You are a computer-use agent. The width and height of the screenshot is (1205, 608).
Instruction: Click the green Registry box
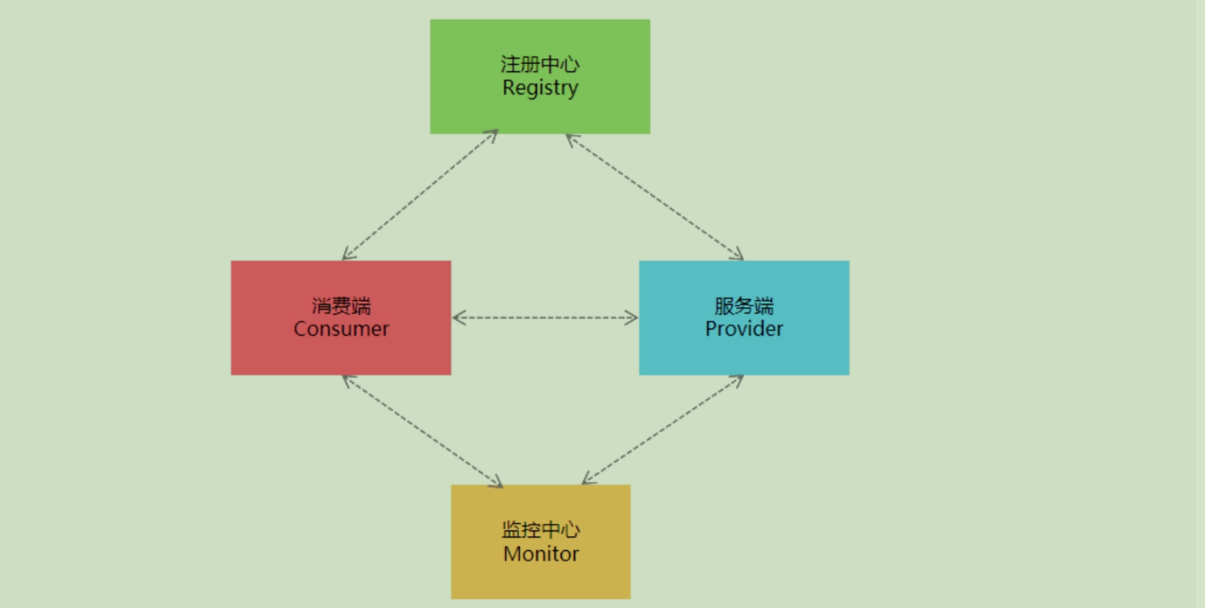(x=540, y=76)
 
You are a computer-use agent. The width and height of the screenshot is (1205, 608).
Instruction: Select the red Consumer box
(x=341, y=318)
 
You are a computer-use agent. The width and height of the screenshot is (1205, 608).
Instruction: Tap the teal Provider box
(x=744, y=318)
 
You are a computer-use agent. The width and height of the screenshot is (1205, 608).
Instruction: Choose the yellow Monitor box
(x=541, y=542)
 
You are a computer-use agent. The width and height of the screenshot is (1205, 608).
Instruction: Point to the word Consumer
(x=341, y=329)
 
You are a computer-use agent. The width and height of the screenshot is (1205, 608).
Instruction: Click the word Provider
(x=744, y=329)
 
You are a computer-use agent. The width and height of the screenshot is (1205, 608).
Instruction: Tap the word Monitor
(x=541, y=554)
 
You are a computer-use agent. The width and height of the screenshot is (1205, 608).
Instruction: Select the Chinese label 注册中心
(x=540, y=64)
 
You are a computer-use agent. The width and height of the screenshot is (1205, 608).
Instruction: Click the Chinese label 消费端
(x=341, y=306)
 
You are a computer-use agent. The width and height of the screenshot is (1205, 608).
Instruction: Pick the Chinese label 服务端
(x=744, y=306)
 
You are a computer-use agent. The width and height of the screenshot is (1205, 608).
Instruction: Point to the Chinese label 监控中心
(x=541, y=530)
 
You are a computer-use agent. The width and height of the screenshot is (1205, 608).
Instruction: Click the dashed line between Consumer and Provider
(x=545, y=318)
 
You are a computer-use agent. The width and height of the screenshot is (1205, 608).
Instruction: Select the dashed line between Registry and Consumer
(x=420, y=195)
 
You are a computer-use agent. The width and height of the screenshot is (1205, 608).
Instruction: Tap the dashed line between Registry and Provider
(x=655, y=197)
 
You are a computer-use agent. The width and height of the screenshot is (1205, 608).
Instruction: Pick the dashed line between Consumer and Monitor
(x=423, y=431)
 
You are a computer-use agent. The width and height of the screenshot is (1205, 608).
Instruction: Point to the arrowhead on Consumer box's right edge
(x=459, y=318)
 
